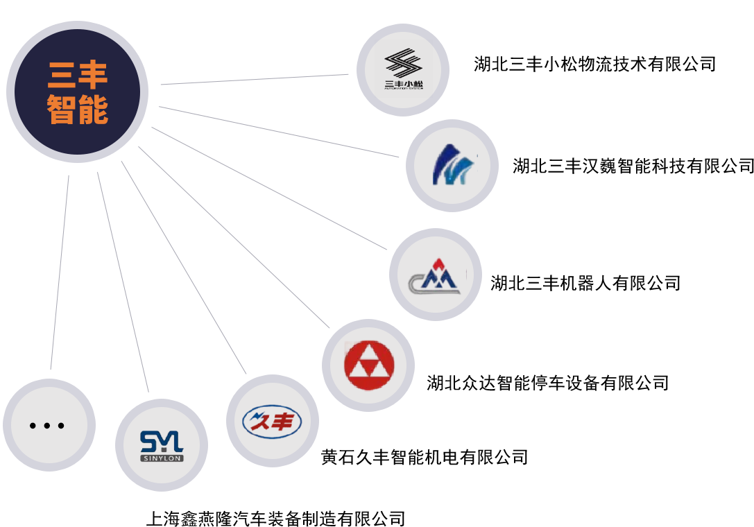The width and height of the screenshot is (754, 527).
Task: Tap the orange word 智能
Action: point(78,110)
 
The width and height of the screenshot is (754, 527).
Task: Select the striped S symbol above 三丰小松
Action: point(403,64)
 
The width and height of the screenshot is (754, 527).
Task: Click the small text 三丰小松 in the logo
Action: point(404,86)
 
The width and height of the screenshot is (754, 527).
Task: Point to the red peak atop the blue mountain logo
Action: point(438,263)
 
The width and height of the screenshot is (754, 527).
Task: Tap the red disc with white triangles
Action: point(368,365)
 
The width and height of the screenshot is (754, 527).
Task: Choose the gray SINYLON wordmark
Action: point(161,458)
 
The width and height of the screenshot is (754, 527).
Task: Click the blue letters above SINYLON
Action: point(161,441)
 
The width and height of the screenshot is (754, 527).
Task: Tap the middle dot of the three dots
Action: point(48,425)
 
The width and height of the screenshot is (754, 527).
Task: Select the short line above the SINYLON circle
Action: point(145,380)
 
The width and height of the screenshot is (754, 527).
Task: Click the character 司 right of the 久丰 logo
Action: point(519,458)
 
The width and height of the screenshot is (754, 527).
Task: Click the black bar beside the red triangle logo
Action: point(548,383)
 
